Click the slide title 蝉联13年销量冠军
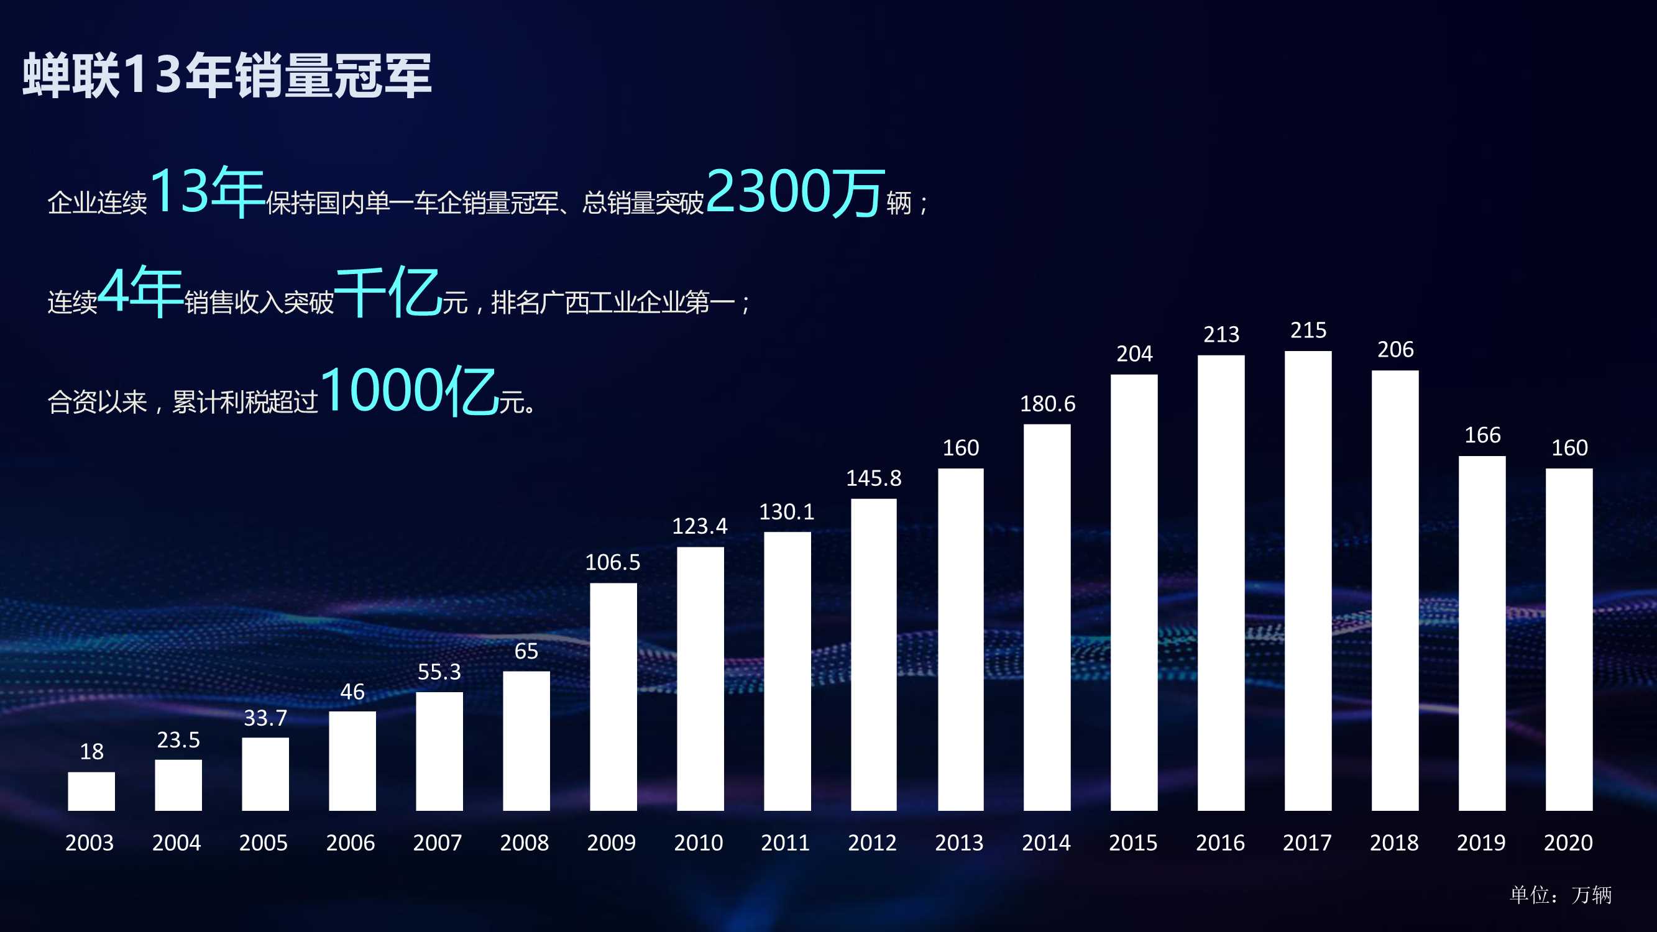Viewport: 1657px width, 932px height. point(227,75)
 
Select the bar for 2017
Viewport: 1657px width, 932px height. point(1308,580)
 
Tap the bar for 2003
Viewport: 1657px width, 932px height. point(91,791)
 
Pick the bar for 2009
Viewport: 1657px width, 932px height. point(613,697)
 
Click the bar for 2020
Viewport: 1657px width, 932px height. point(1569,639)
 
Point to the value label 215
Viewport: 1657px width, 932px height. point(1308,331)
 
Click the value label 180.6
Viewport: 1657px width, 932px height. point(1047,404)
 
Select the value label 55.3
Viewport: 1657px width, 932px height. point(439,672)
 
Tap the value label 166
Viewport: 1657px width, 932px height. point(1482,436)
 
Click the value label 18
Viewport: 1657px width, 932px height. point(91,751)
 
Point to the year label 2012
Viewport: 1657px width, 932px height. point(872,843)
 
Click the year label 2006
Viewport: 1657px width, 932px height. point(351,843)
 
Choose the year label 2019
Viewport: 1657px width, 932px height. point(1480,843)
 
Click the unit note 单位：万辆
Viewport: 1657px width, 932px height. point(1560,895)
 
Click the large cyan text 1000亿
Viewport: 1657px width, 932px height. point(408,390)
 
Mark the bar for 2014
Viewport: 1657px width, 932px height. point(1047,617)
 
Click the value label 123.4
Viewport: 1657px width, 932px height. point(700,526)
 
